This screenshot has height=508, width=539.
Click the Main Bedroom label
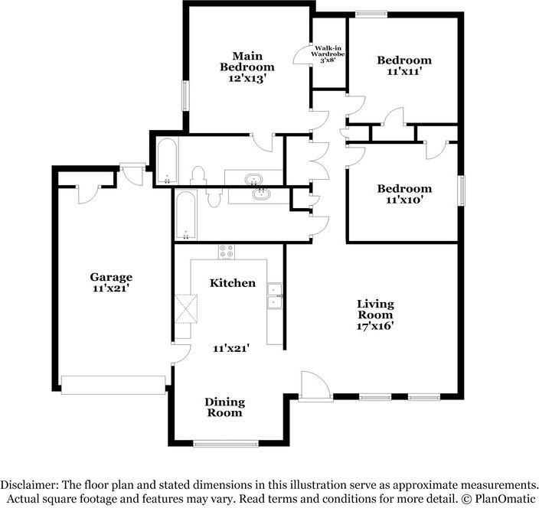(x=247, y=61)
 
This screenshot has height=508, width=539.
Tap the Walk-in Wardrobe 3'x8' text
(x=328, y=54)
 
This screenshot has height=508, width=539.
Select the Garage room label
(x=111, y=277)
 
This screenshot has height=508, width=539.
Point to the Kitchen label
(x=233, y=283)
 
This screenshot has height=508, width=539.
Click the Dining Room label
(x=225, y=407)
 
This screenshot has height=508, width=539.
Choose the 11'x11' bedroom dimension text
(x=404, y=71)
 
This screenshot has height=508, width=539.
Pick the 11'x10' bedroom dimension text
(x=404, y=200)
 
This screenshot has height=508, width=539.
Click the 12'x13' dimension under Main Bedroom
(x=247, y=78)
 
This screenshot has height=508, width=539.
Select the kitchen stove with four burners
(x=226, y=252)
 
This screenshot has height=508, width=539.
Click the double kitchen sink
(x=275, y=296)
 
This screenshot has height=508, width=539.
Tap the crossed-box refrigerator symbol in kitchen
(x=186, y=309)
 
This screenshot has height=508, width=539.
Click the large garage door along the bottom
(x=113, y=385)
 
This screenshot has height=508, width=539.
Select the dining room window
(x=226, y=444)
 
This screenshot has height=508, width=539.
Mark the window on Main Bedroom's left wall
(x=185, y=96)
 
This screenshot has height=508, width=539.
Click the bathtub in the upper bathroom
(x=168, y=161)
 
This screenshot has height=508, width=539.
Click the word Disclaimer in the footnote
(x=29, y=485)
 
